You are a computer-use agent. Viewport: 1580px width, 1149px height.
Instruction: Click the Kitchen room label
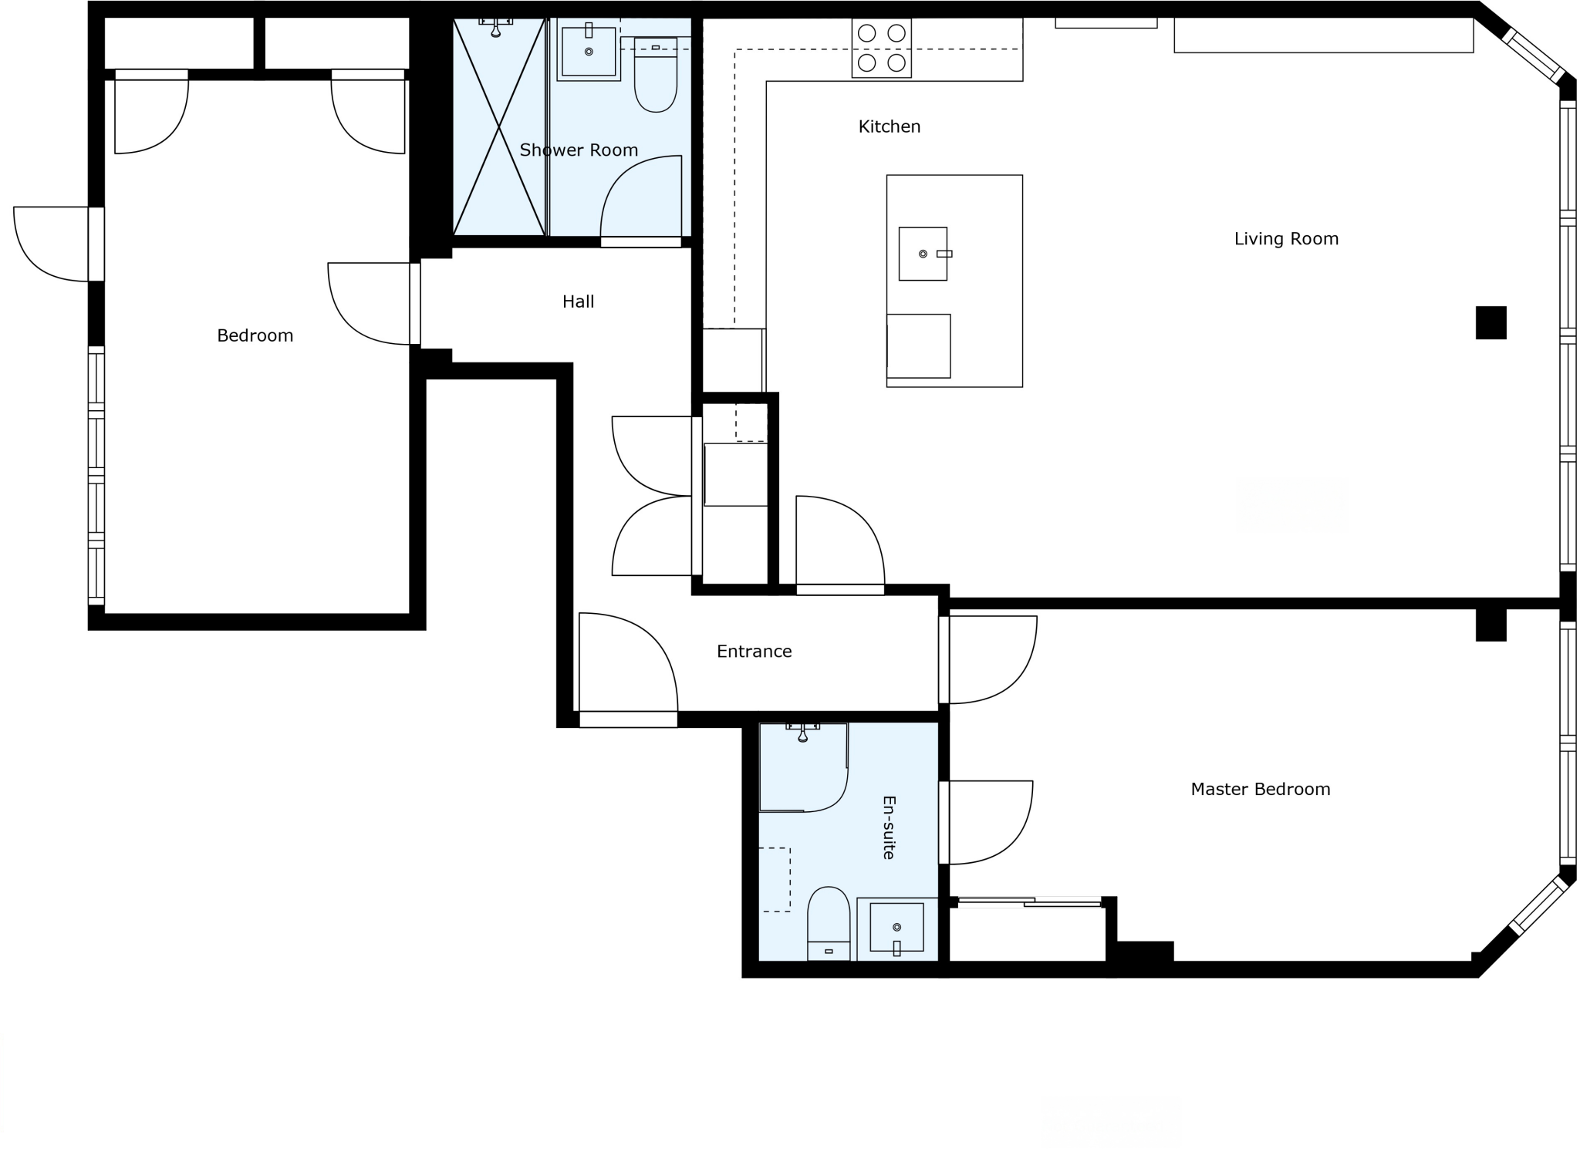click(x=889, y=126)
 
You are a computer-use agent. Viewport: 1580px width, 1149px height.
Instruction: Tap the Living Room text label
click(x=1285, y=239)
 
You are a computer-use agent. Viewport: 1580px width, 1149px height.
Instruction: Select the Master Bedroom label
click(x=1260, y=789)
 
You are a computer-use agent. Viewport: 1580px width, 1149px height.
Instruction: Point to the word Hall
click(x=578, y=302)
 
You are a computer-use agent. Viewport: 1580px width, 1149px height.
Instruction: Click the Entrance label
click(x=754, y=652)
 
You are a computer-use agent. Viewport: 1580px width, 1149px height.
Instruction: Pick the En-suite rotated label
click(x=889, y=827)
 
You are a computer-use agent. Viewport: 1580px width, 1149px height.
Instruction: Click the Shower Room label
click(x=579, y=150)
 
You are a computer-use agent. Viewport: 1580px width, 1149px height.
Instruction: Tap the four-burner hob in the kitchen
click(x=881, y=48)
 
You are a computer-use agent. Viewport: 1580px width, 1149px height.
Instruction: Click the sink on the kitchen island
click(x=923, y=254)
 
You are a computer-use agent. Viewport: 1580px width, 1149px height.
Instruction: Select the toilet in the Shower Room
click(x=655, y=77)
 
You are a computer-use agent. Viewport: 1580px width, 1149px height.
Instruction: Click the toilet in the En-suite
click(x=829, y=922)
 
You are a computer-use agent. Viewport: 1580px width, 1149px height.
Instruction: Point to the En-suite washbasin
click(x=896, y=927)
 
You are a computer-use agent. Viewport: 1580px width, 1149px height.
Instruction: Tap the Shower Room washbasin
click(x=589, y=52)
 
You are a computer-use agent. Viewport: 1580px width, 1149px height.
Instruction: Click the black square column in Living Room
click(x=1491, y=322)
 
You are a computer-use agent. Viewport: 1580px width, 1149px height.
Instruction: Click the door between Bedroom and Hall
click(x=370, y=303)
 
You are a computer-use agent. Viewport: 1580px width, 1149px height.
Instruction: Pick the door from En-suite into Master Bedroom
click(x=987, y=822)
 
